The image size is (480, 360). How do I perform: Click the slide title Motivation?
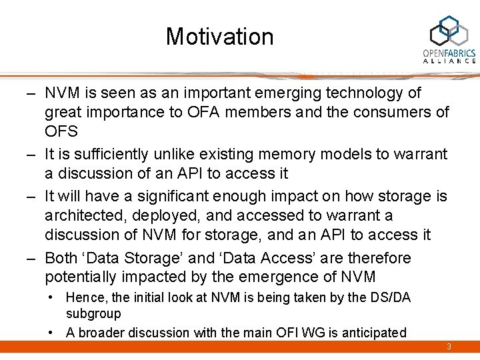click(219, 36)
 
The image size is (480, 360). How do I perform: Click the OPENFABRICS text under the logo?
click(449, 53)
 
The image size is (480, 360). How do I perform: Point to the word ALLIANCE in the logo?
click(449, 61)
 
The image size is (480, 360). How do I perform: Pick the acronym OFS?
click(61, 131)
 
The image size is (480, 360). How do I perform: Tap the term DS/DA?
click(389, 298)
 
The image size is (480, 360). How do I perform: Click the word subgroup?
click(93, 313)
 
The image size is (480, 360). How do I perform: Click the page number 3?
click(449, 347)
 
